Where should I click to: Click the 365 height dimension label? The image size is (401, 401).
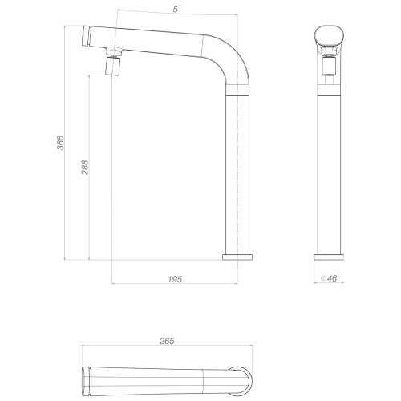(61, 143)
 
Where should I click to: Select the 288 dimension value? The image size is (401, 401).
(85, 168)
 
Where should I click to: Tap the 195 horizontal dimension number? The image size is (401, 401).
(175, 279)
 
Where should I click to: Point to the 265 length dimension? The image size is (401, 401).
(167, 341)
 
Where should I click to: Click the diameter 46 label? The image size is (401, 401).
(329, 278)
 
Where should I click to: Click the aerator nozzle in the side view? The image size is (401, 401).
(113, 66)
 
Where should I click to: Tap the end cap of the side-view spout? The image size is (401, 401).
(86, 36)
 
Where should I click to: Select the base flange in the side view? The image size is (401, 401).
(237, 257)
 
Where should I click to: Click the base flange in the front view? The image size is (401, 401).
(329, 257)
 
